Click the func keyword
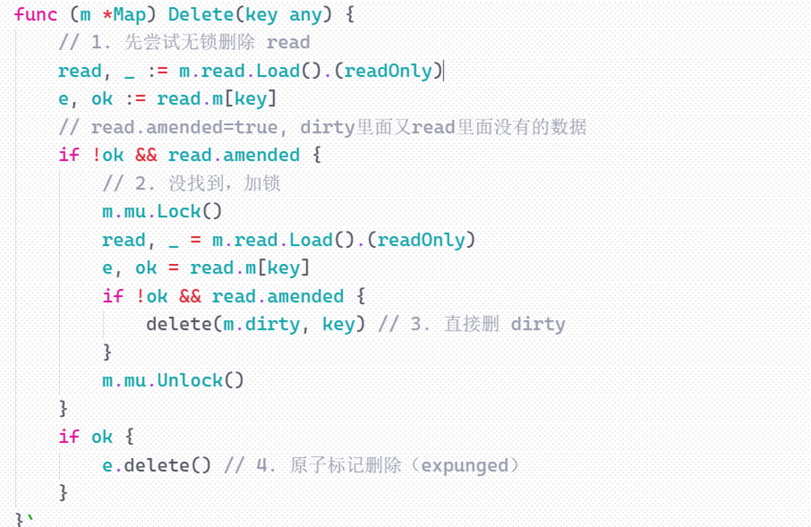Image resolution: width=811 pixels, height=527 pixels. click(x=35, y=15)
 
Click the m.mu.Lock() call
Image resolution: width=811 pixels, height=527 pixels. click(x=162, y=211)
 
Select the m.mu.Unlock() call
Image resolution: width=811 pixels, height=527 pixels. click(x=173, y=380)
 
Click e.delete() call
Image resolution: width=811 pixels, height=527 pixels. click(x=157, y=465)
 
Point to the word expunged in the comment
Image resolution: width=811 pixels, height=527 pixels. click(x=464, y=465)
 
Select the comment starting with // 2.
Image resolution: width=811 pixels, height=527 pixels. click(x=191, y=184)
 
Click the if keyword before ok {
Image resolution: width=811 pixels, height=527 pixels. click(x=68, y=436)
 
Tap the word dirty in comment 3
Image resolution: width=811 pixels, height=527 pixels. click(x=537, y=324)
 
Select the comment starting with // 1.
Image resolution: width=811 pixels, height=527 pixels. click(x=184, y=43)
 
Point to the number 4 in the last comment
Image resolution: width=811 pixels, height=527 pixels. click(x=262, y=465)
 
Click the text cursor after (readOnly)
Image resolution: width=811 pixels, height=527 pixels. click(x=444, y=71)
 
